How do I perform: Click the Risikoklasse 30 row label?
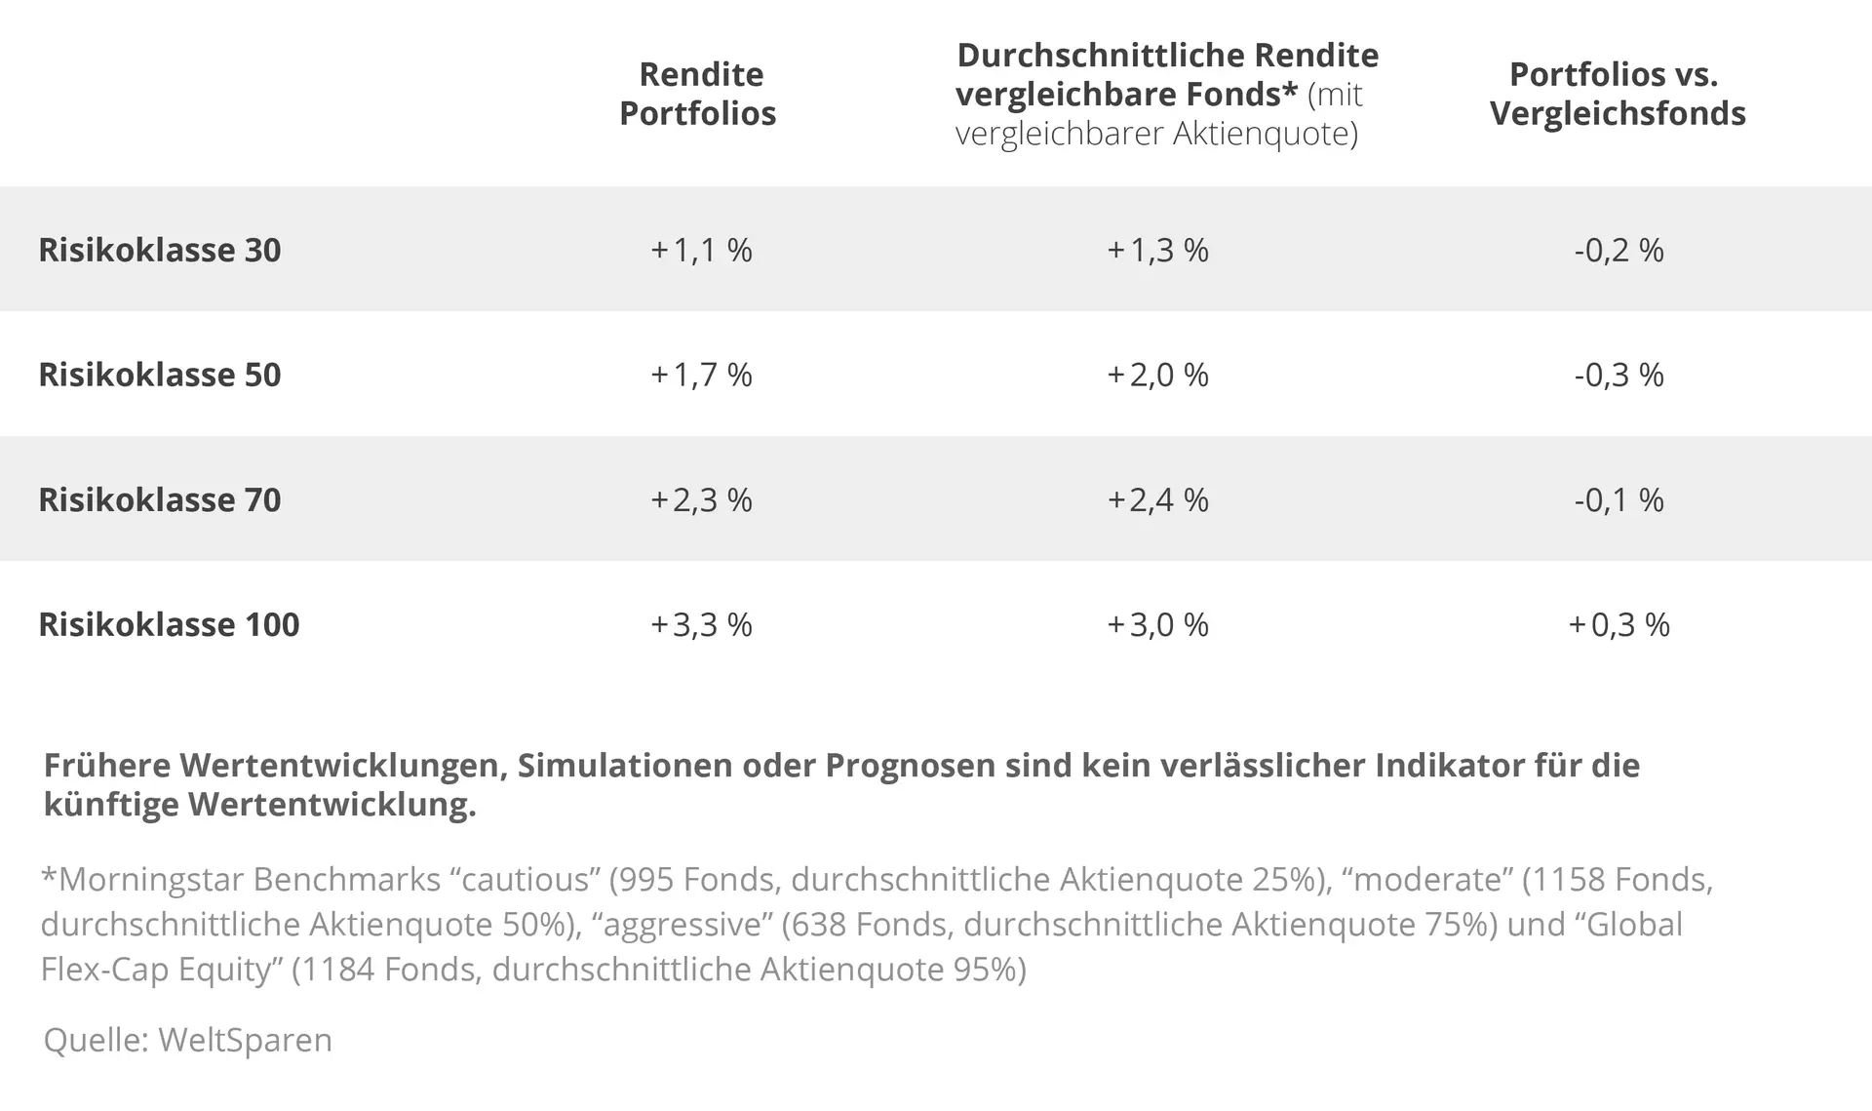(159, 250)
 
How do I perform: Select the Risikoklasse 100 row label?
(169, 624)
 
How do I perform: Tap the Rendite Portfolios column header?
(698, 94)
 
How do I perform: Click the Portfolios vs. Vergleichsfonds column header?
(1617, 94)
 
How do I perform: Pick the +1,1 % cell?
(701, 250)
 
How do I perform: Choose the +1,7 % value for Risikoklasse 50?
(701, 375)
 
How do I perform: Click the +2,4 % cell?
(1157, 499)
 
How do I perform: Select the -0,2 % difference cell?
(1618, 250)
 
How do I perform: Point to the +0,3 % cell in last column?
(1618, 624)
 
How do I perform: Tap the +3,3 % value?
(701, 624)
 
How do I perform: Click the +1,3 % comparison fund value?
(1157, 250)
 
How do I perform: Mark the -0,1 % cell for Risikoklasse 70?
(1618, 499)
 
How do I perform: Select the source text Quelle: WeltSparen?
(187, 1040)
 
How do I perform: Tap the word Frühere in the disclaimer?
(106, 766)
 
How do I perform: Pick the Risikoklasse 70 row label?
(159, 499)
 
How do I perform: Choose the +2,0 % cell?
(1157, 375)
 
